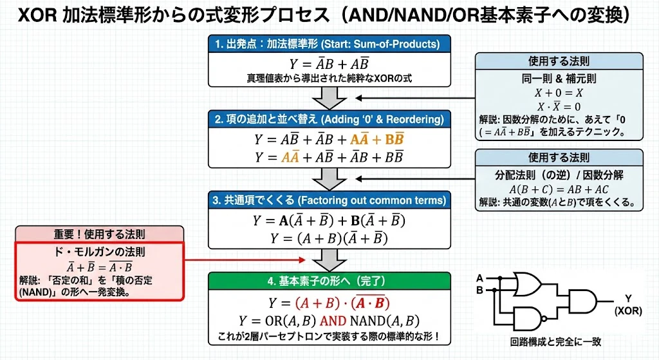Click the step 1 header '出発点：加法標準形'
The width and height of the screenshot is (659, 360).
[329, 44]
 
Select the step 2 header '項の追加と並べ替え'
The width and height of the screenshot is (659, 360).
[329, 120]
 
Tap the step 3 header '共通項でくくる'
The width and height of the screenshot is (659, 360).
[329, 200]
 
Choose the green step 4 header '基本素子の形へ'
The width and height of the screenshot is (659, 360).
[329, 281]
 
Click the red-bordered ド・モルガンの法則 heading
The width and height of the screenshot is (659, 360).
[100, 252]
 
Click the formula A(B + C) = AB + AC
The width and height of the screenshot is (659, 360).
[559, 189]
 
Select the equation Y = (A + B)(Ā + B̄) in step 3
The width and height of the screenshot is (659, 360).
[329, 238]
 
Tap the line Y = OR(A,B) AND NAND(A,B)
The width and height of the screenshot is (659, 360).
[329, 320]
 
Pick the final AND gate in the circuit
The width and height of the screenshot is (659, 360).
[581, 299]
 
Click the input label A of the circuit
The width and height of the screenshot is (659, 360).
[479, 278]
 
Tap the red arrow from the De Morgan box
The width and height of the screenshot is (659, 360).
[245, 260]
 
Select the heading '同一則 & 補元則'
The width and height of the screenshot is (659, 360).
[559, 79]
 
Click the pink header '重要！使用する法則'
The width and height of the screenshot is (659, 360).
[100, 234]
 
